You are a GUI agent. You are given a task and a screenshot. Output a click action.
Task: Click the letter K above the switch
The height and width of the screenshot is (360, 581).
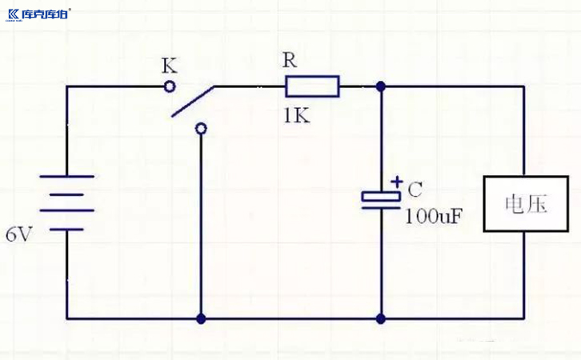click(169, 64)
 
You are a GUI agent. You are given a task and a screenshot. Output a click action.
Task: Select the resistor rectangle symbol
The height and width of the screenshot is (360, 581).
click(312, 86)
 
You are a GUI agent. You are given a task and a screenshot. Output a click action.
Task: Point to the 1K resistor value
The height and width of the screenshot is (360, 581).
click(295, 114)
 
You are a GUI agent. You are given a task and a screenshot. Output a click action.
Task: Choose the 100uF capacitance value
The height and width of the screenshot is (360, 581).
click(435, 216)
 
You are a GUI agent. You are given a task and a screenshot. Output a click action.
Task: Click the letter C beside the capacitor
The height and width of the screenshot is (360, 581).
click(415, 190)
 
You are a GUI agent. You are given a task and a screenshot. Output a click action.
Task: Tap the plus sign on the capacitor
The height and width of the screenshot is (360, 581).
click(395, 182)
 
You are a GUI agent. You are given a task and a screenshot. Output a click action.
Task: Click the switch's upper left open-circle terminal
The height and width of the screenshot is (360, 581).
click(169, 86)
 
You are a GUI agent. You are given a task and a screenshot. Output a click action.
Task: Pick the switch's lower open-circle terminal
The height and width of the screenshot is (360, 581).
click(201, 128)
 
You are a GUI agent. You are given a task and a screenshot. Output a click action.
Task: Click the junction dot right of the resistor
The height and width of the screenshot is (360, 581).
click(380, 86)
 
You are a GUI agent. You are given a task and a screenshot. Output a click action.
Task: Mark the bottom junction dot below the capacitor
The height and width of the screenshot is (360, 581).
click(380, 318)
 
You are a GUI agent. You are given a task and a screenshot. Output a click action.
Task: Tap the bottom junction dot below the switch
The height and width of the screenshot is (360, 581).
click(201, 318)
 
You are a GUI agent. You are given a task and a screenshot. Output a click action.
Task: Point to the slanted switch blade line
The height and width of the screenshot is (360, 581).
click(193, 100)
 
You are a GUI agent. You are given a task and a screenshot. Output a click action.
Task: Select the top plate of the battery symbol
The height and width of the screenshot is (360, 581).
click(66, 176)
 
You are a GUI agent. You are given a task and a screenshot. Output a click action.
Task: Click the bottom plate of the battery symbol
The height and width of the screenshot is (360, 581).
click(66, 229)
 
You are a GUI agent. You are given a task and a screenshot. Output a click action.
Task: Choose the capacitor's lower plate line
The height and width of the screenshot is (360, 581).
click(380, 206)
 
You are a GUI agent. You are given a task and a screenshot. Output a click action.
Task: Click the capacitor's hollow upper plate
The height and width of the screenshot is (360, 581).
click(380, 194)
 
